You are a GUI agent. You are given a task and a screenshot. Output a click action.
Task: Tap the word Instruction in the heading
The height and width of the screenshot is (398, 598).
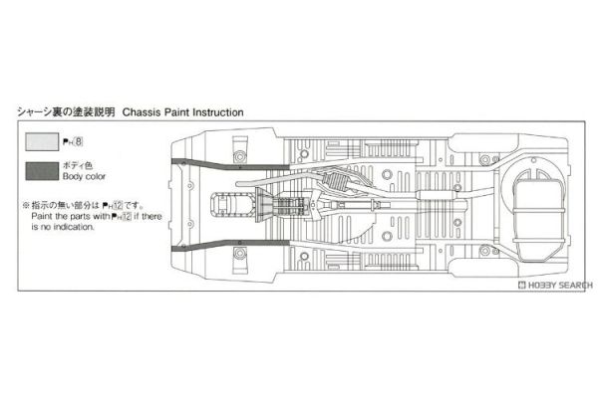pos(218,112)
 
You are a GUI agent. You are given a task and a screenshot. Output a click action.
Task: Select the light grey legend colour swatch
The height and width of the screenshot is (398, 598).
pos(42,141)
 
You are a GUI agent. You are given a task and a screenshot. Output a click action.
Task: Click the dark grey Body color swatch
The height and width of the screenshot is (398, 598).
pos(42,171)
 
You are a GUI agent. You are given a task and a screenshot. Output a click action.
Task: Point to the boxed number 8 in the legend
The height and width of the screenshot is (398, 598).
pos(79,142)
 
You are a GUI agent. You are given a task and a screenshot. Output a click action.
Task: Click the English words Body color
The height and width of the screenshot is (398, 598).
pos(84,176)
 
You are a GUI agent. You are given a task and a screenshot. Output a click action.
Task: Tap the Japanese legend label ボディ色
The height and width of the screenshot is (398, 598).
pos(78,165)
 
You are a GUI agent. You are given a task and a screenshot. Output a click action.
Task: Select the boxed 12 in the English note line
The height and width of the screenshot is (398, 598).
pos(127,216)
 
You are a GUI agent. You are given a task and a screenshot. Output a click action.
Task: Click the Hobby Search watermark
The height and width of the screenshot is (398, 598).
pos(555,285)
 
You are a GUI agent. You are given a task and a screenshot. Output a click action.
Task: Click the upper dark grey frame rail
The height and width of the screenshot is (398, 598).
pos(230,164)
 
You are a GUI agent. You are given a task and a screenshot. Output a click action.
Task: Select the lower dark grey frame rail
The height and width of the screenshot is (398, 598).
pos(230,246)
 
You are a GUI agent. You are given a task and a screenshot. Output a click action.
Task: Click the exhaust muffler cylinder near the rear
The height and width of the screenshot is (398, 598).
pos(437,195)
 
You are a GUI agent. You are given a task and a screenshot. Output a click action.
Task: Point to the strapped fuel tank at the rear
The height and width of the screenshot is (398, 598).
pos(538,217)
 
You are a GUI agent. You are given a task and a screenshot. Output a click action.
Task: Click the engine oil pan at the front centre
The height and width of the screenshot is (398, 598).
pos(231,206)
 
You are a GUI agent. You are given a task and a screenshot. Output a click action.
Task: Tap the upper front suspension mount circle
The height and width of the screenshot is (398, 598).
pos(239,156)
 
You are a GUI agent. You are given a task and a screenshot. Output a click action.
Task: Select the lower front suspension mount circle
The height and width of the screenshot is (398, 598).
pos(239,253)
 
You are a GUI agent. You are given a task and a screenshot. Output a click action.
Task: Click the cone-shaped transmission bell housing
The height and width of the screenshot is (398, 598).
pos(264,205)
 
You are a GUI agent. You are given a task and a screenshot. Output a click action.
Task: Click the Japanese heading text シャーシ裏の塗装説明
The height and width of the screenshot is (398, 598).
pos(66,112)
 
